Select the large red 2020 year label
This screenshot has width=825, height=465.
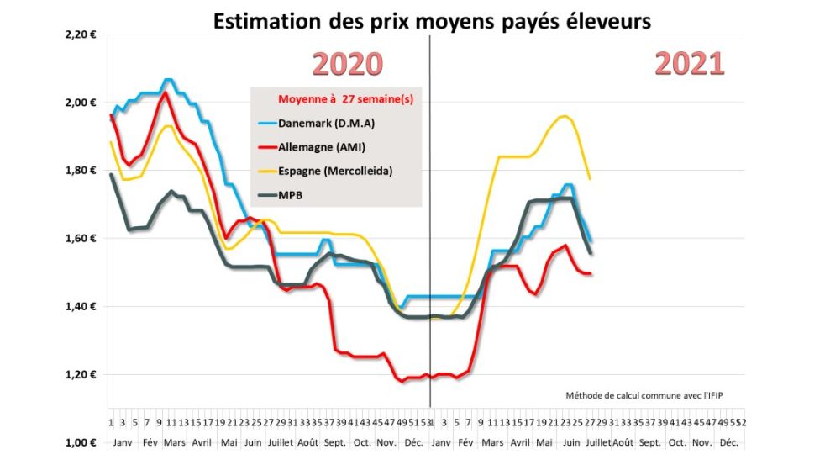(348, 64)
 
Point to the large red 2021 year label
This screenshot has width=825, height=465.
(689, 64)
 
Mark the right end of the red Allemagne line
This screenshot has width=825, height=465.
(591, 273)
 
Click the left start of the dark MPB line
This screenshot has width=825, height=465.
(112, 174)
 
